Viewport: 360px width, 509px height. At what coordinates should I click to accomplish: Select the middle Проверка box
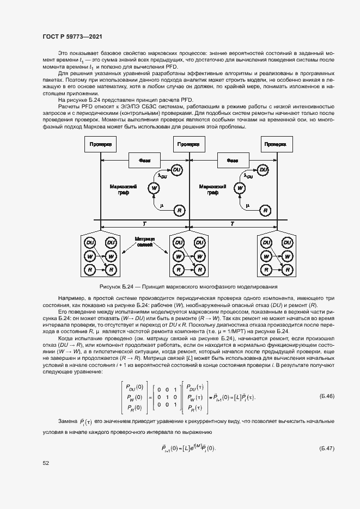(x=188, y=145)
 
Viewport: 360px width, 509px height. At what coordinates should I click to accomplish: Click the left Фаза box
(x=144, y=161)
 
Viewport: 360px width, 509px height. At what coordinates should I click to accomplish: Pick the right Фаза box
(x=233, y=161)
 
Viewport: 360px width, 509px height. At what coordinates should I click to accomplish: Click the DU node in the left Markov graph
(x=176, y=170)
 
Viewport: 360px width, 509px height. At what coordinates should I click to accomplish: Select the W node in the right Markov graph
(x=239, y=188)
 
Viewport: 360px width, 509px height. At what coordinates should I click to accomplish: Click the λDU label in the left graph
(x=162, y=176)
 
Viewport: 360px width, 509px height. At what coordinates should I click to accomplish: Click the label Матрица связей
(x=144, y=242)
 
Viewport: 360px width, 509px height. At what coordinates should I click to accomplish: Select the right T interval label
(x=232, y=223)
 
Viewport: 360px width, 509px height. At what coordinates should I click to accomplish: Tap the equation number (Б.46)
(x=327, y=396)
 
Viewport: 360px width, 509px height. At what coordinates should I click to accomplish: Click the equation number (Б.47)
(x=327, y=448)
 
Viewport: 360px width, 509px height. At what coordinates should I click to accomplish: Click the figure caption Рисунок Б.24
(x=188, y=286)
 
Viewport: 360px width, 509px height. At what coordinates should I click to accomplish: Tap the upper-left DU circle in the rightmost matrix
(x=267, y=242)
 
